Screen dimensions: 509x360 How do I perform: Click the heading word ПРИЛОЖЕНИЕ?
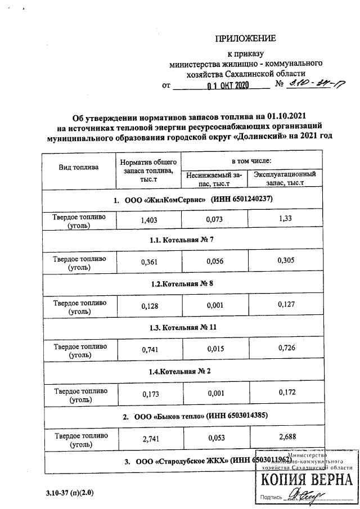coord(246,39)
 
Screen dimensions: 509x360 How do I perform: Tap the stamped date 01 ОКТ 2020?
coord(227,87)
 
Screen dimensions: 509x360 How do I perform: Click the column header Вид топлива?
coord(79,167)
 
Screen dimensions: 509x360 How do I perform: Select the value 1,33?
coord(284,220)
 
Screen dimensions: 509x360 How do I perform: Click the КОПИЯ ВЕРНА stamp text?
coord(306,480)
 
